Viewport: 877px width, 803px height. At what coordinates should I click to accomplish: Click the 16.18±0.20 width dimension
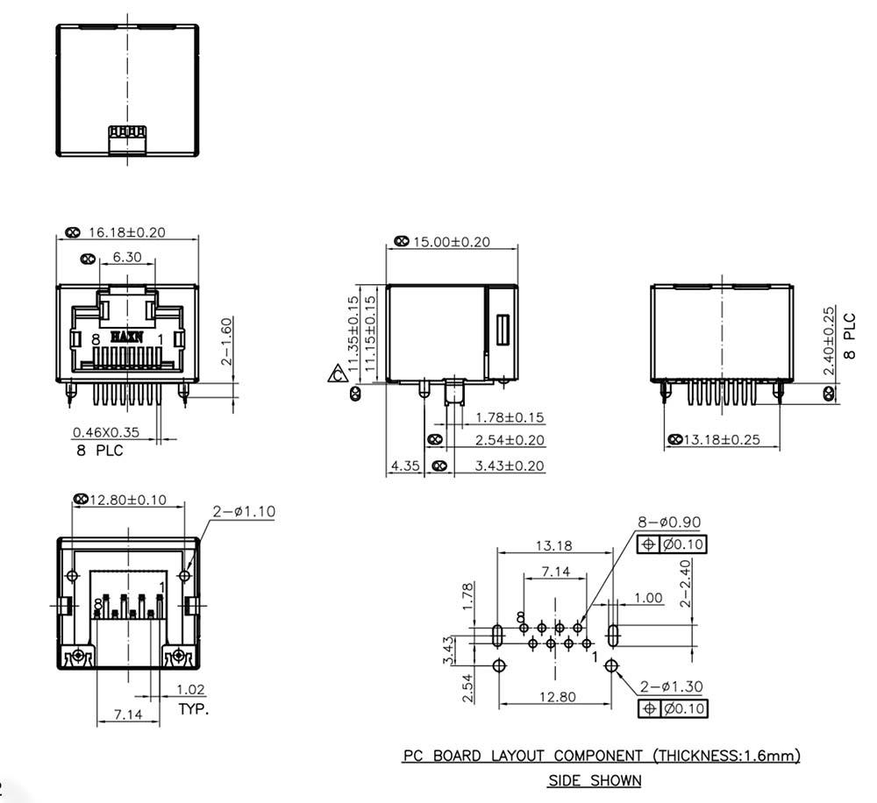tap(127, 232)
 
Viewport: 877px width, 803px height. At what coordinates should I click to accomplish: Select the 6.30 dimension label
tap(127, 257)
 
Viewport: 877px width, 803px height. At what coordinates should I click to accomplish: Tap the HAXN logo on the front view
tap(127, 337)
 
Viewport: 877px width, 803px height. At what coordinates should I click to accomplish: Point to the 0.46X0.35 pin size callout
tap(106, 432)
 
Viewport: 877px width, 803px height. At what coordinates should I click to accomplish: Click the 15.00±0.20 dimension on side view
tap(452, 242)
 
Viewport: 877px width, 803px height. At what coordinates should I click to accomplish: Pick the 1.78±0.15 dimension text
tap(510, 417)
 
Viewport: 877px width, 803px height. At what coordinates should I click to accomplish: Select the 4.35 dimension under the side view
tap(405, 465)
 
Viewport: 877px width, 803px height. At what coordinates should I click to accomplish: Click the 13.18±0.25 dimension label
tap(722, 439)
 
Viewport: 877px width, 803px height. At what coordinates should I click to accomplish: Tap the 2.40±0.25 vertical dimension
tap(829, 340)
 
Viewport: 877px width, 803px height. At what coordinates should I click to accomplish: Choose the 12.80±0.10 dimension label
tap(128, 500)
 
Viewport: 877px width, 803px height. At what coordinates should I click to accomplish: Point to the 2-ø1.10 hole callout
tap(244, 511)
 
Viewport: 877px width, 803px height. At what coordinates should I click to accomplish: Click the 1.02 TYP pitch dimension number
tap(190, 690)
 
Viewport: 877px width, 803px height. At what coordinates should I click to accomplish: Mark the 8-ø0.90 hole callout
tap(669, 522)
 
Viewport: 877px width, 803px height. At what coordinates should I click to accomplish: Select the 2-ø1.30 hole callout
tap(671, 686)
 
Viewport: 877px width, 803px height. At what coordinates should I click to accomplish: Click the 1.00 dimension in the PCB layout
tap(648, 598)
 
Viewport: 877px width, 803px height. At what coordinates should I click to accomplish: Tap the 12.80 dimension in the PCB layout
tap(557, 697)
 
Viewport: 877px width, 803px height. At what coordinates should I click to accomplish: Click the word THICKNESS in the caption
tap(699, 756)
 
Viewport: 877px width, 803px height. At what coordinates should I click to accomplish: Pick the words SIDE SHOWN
tap(595, 780)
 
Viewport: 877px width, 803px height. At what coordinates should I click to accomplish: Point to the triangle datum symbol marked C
tap(338, 373)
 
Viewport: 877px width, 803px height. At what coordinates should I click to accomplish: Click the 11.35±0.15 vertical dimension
tap(353, 334)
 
